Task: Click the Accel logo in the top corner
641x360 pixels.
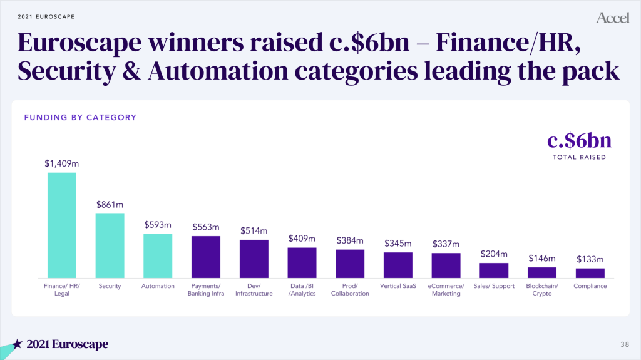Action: point(612,18)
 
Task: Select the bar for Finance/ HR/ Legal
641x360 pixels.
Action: point(62,225)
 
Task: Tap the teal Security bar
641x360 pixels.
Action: point(110,245)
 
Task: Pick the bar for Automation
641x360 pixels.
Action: point(158,255)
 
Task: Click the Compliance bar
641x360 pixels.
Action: point(590,273)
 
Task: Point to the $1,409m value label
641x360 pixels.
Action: point(62,163)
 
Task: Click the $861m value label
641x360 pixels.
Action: point(110,204)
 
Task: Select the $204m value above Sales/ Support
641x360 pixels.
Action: point(494,254)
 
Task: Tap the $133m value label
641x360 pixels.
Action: point(590,259)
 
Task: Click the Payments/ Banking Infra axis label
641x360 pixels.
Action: point(206,290)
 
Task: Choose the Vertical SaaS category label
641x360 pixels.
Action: point(397,286)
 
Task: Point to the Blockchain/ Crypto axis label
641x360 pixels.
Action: point(542,290)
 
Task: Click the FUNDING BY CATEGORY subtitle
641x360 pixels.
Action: point(80,117)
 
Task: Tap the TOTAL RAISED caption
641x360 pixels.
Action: point(579,157)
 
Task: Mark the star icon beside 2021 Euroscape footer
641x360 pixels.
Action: point(18,344)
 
